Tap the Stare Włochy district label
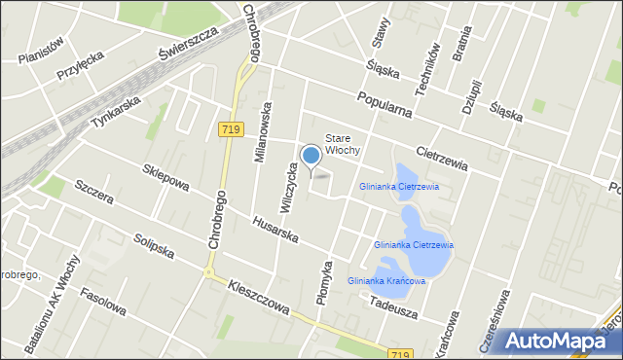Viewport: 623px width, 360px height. [343, 144]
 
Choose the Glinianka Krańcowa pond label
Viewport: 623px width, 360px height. [386, 281]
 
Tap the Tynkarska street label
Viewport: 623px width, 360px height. [116, 111]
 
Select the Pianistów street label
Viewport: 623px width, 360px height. [40, 49]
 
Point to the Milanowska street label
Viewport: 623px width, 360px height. [261, 133]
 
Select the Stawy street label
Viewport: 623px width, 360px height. [381, 33]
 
